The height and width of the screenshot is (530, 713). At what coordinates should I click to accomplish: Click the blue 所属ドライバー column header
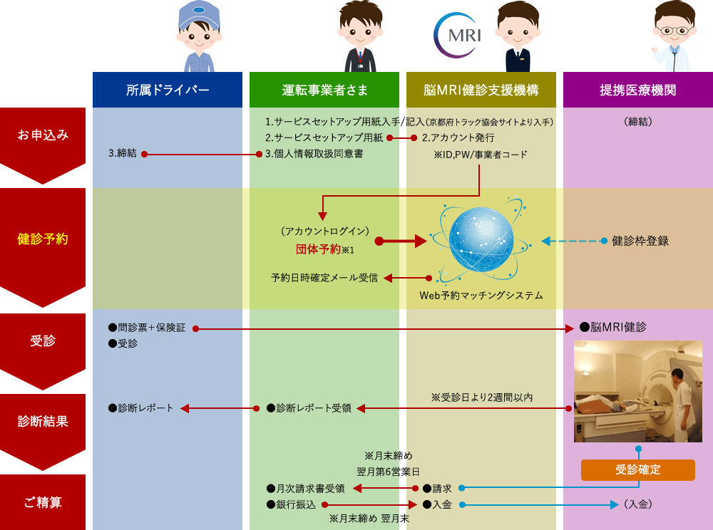[168, 90]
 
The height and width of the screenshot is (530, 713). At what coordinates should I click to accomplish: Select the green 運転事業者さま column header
[324, 90]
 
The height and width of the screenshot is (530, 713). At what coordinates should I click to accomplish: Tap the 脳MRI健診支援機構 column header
[481, 90]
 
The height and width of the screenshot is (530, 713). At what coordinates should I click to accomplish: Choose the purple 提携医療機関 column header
[637, 90]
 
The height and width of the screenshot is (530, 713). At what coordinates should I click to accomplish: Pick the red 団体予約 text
[318, 249]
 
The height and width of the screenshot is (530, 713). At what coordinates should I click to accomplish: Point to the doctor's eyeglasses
[675, 30]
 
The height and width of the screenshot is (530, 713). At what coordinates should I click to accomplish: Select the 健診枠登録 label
[640, 241]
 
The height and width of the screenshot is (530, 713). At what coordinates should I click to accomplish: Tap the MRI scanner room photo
[638, 391]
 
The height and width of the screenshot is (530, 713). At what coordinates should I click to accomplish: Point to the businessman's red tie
[361, 59]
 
